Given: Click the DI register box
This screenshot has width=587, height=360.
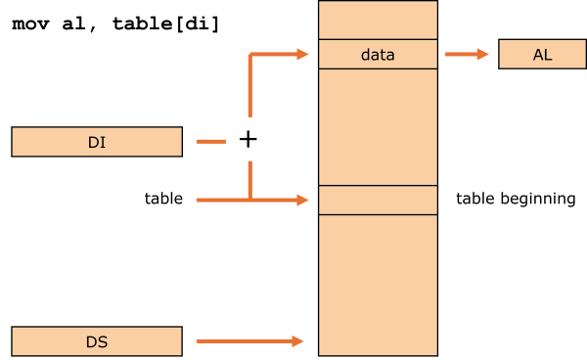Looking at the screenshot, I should pos(97,142).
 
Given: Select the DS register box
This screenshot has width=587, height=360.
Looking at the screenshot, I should pos(97,341).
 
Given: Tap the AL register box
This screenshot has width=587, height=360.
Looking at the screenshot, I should pos(542,55).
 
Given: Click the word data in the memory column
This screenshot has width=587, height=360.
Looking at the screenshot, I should pos(378,55).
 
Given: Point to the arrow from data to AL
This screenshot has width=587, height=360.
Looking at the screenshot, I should pos(466,55).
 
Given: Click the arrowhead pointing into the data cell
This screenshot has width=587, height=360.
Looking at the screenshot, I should pos(303,55).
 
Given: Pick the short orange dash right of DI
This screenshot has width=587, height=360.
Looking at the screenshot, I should pos(211,142).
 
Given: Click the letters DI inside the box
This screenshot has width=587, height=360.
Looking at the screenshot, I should pos(97,143).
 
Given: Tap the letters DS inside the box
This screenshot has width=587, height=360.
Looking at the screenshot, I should pos(97,342).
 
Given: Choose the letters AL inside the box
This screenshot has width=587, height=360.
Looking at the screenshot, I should pos(542,55).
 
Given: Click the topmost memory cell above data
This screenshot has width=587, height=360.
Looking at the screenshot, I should pos(378,20).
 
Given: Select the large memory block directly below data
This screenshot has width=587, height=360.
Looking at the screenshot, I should pos(378,126).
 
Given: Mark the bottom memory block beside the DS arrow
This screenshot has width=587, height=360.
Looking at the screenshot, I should pos(378,284).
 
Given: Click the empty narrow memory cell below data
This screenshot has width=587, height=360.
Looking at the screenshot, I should pos(378,200).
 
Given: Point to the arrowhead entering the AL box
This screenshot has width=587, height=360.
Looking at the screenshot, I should pos(483,55).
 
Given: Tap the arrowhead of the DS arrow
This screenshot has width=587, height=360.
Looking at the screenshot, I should pos(299,341).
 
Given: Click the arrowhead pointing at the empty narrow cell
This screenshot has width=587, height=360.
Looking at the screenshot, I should pos(303,200).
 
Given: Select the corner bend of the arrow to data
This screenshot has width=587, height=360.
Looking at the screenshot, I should pos(250,56).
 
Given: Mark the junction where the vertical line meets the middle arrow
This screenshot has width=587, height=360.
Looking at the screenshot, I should pos(250,200).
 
